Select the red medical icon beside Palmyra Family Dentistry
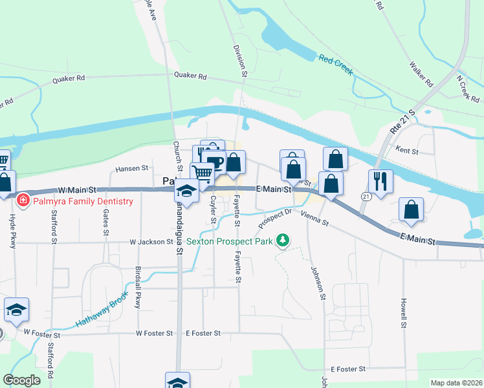pos(23,201)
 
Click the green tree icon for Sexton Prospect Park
pos(282,241)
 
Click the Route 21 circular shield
pos(366,196)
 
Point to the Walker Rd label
pos(421,74)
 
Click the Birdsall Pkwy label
pos(137,288)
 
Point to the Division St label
pos(241,61)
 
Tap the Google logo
pos(21,380)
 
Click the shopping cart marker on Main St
pos(202,173)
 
